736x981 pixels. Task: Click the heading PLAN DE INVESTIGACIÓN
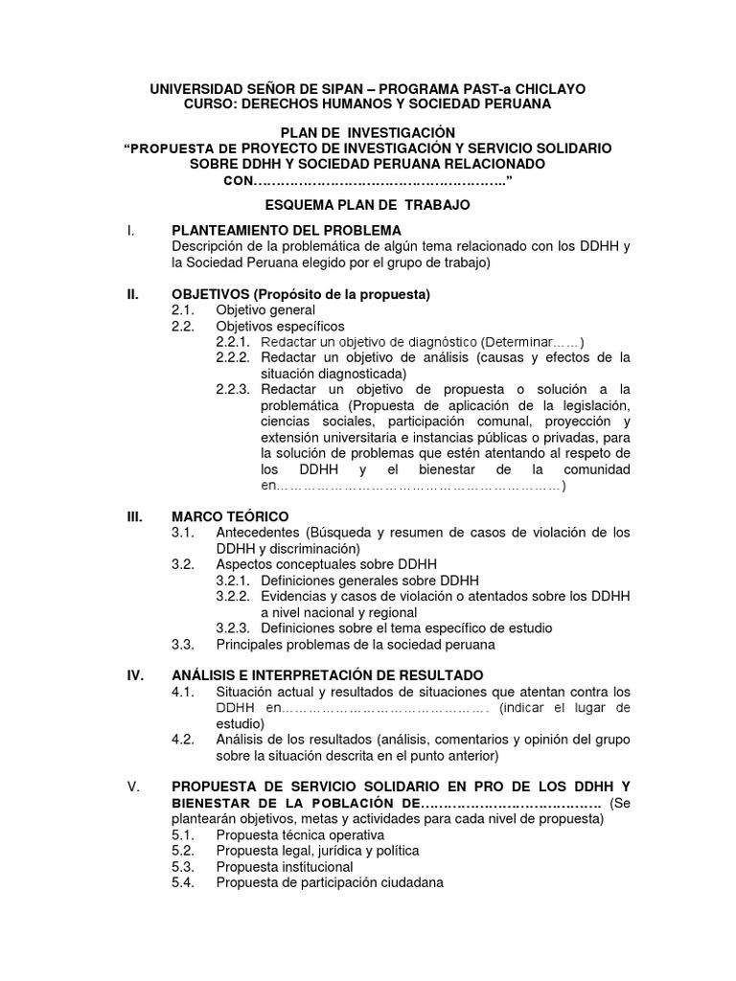coord(367,131)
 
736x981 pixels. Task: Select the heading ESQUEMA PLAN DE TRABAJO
coord(367,205)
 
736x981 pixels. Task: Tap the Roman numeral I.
coord(129,230)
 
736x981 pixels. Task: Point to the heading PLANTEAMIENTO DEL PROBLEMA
coord(286,230)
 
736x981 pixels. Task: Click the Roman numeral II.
coord(132,294)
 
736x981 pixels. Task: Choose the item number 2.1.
coord(183,310)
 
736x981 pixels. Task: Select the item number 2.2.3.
coord(233,389)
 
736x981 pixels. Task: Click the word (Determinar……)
coord(533,342)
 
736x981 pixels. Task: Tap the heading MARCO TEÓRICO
coord(229,516)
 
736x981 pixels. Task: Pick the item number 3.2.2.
coord(233,596)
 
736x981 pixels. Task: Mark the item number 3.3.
coord(183,644)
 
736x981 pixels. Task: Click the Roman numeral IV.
coord(135,675)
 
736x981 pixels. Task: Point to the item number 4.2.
coord(183,739)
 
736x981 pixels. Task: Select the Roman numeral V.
coord(132,787)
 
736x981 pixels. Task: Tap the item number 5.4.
coord(183,882)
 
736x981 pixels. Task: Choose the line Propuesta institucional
coord(285,866)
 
